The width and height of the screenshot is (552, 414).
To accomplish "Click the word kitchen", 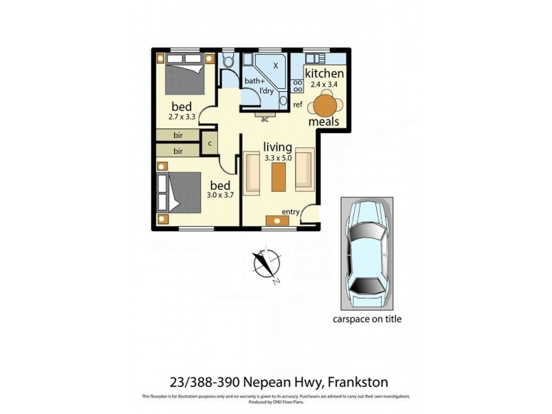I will (324, 74).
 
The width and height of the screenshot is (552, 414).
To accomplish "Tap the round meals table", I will (324, 106).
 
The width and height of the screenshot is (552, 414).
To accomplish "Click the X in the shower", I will (275, 66).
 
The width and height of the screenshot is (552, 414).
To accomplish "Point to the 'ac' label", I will (264, 119).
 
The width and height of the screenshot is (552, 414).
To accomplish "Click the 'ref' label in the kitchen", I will (298, 105).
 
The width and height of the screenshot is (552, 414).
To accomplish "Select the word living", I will (277, 147).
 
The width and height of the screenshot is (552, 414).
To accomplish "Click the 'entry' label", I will (290, 212).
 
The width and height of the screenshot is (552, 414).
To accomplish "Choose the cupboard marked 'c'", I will (209, 144).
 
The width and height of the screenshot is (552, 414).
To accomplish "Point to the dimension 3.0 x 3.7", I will (221, 196).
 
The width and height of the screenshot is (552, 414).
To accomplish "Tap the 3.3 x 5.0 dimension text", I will (277, 158).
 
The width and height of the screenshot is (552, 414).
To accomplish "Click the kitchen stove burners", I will (299, 86).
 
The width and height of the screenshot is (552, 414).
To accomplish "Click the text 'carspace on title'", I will (367, 319).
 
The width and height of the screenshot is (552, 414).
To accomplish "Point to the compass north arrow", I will (264, 263).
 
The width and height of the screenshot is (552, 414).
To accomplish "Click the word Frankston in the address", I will (357, 380).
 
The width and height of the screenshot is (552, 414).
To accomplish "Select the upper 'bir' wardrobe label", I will (178, 135).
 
